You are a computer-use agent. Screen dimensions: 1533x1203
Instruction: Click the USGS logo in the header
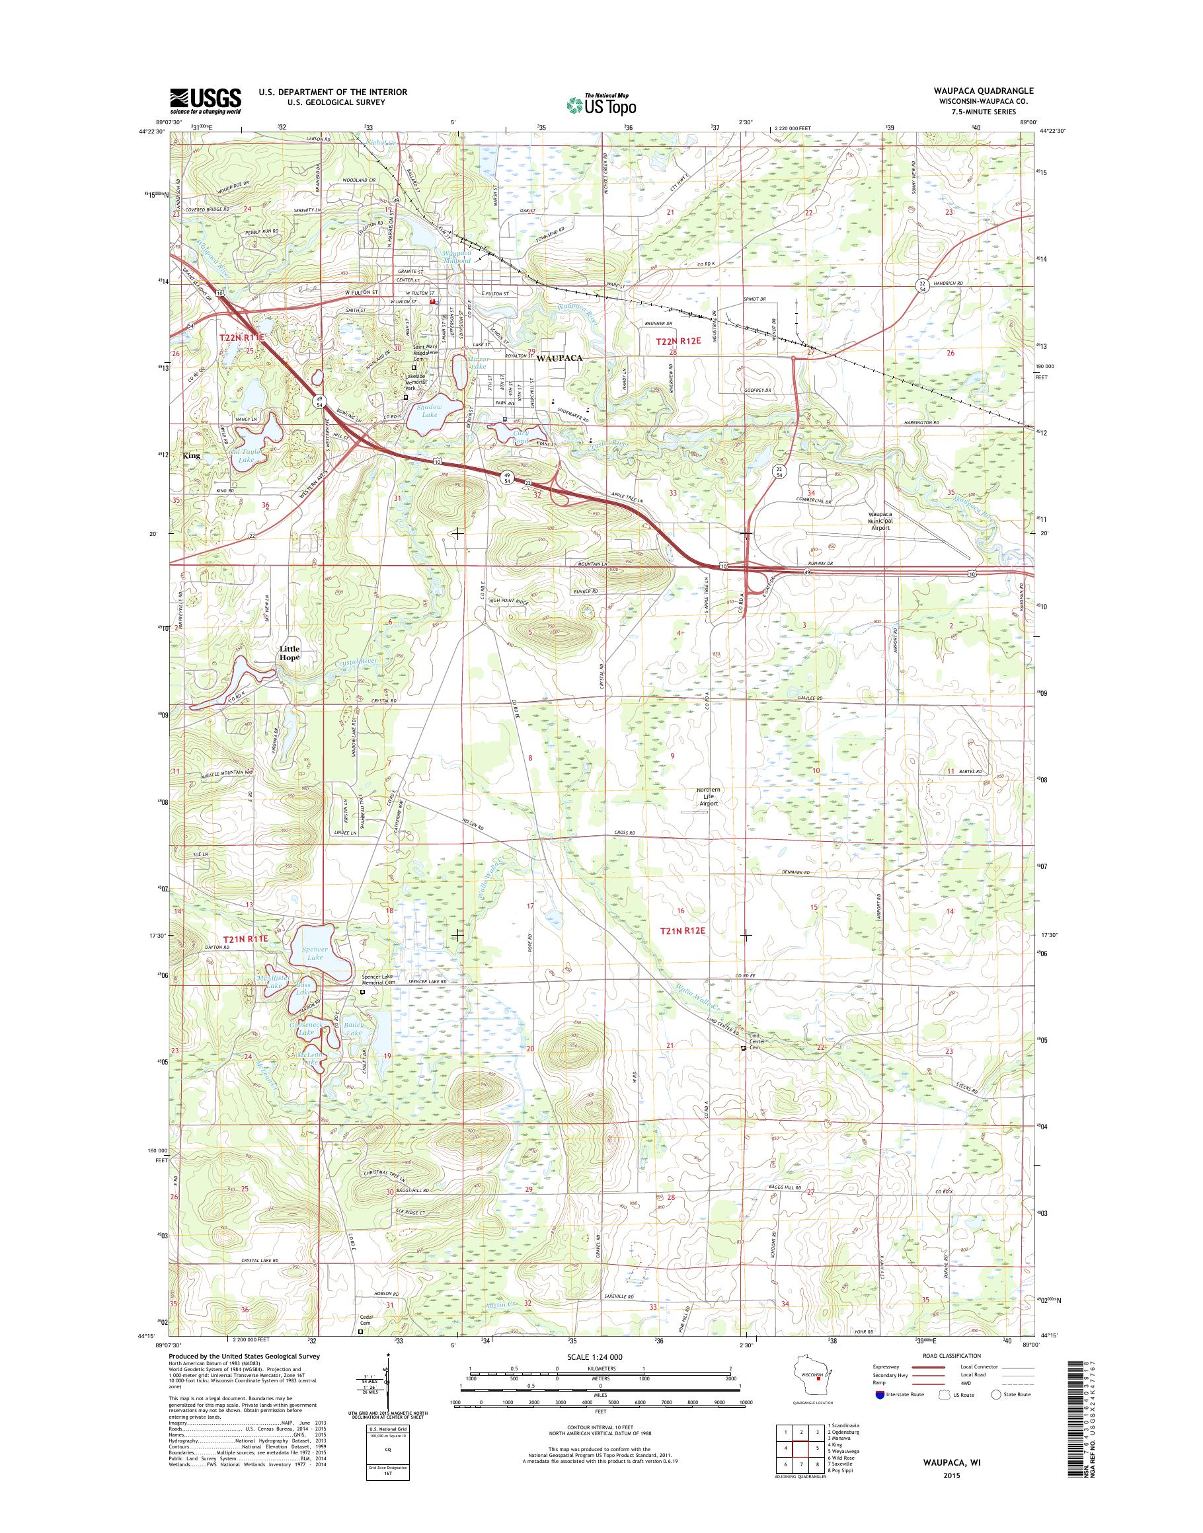[205, 100]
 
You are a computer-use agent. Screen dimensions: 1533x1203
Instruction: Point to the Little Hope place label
[290, 653]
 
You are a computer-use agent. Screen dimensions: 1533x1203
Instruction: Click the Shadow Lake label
[429, 410]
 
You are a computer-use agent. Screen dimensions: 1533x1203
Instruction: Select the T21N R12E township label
[683, 931]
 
